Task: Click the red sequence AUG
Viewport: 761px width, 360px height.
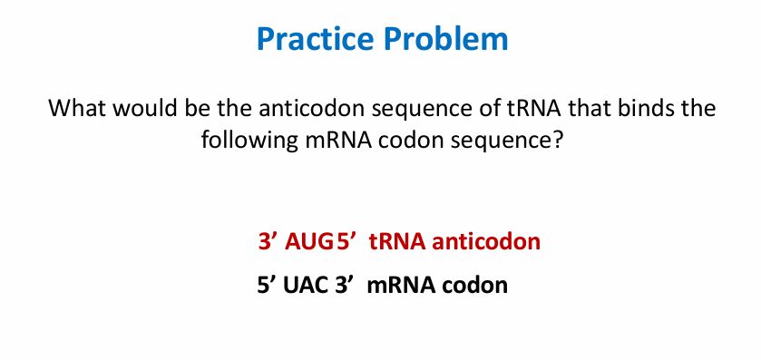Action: coord(308,242)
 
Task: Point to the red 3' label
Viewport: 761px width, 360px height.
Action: coord(268,242)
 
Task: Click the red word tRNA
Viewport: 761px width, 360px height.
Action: coord(396,242)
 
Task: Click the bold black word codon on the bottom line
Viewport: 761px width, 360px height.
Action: coord(475,285)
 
